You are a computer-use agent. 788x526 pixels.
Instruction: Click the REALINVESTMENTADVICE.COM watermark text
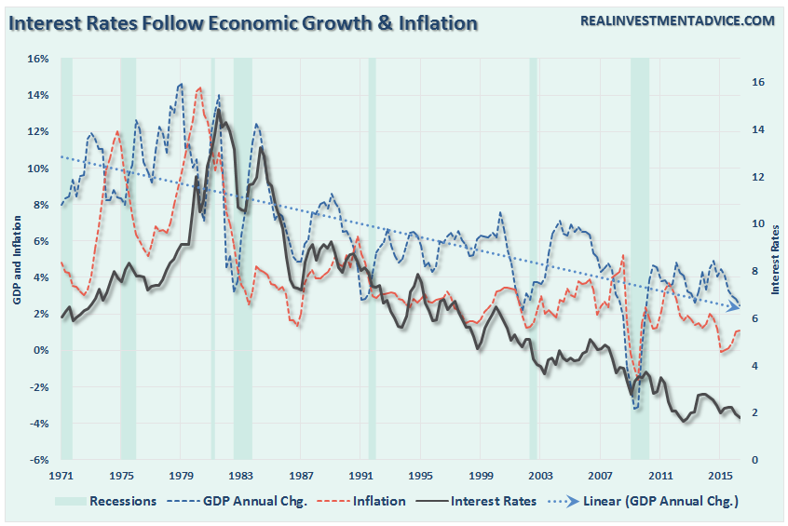pyautogui.click(x=677, y=20)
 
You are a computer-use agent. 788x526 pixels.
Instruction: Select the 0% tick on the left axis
pyautogui.click(x=39, y=350)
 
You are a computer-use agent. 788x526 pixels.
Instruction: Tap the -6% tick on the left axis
pyautogui.click(x=37, y=460)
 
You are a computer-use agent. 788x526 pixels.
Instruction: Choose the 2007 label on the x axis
pyautogui.click(x=601, y=476)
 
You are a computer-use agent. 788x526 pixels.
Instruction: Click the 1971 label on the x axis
pyautogui.click(x=61, y=476)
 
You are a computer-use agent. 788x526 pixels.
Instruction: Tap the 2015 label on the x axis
pyautogui.click(x=720, y=476)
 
